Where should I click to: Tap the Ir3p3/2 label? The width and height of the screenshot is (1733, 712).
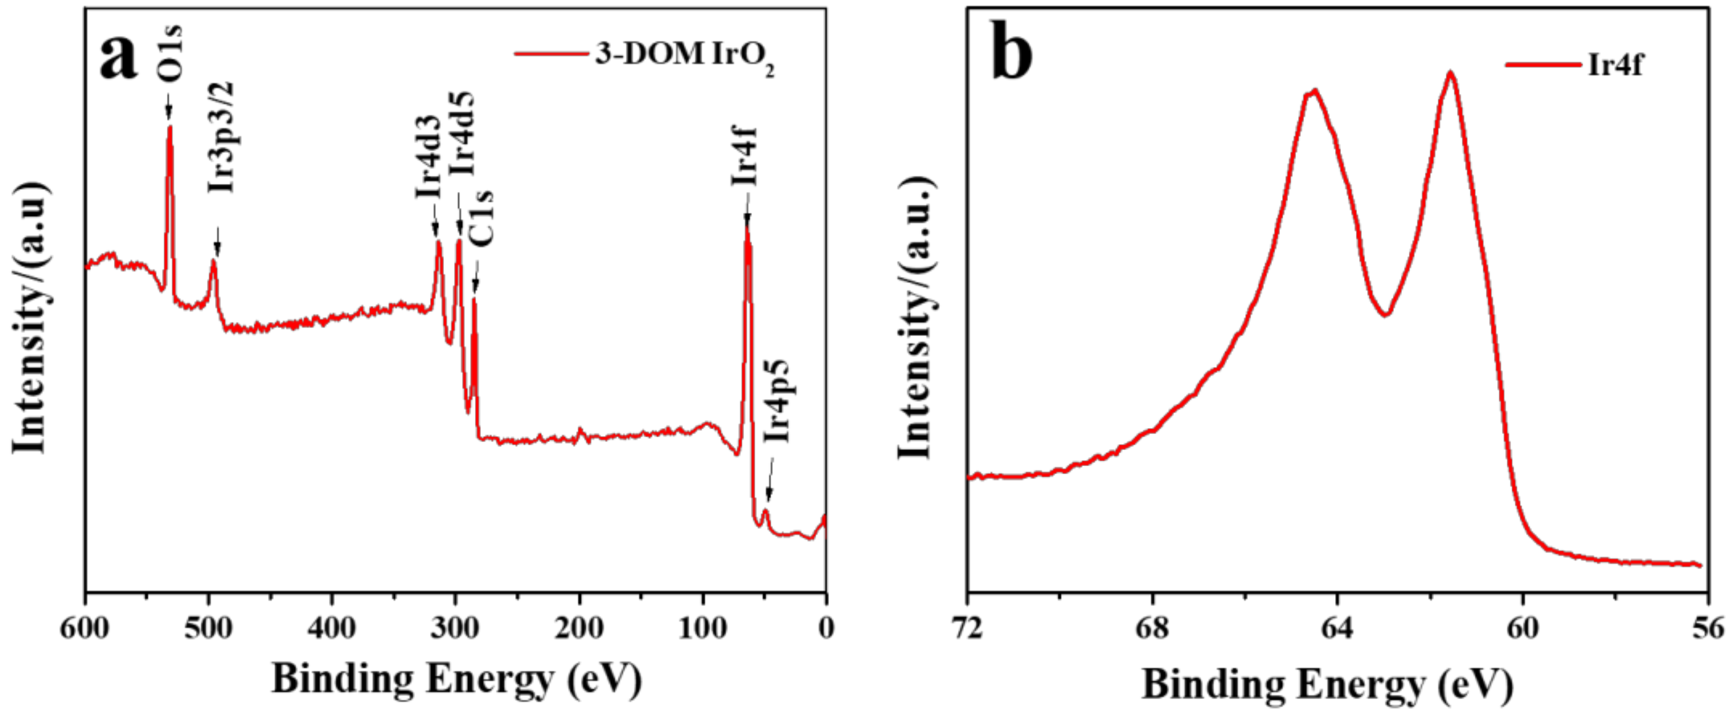click(x=221, y=137)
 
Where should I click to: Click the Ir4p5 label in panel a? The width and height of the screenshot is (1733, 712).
click(x=778, y=401)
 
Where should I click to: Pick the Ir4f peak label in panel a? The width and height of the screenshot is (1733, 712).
click(x=745, y=156)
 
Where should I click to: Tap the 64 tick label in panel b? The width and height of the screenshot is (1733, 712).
click(x=1337, y=628)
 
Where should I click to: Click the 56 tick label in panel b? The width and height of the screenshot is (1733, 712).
click(x=1707, y=628)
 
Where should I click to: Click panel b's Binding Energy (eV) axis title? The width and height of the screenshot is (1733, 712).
click(x=1328, y=684)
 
